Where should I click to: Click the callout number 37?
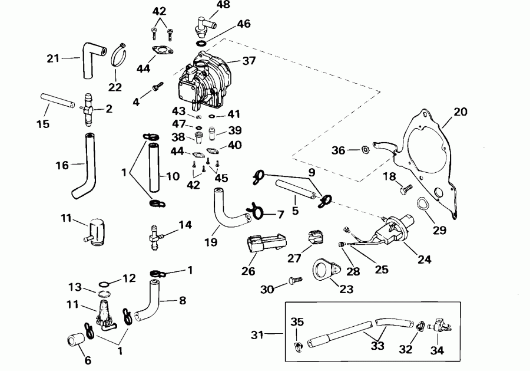point(249,61)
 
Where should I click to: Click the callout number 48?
point(223,5)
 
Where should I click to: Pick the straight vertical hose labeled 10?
point(154,168)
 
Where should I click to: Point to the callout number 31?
point(257,335)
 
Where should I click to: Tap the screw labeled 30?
point(295,281)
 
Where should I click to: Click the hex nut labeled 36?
point(365,149)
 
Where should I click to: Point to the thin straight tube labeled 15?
point(58,101)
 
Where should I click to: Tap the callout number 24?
point(425,260)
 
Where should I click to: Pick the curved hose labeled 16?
point(84,166)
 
